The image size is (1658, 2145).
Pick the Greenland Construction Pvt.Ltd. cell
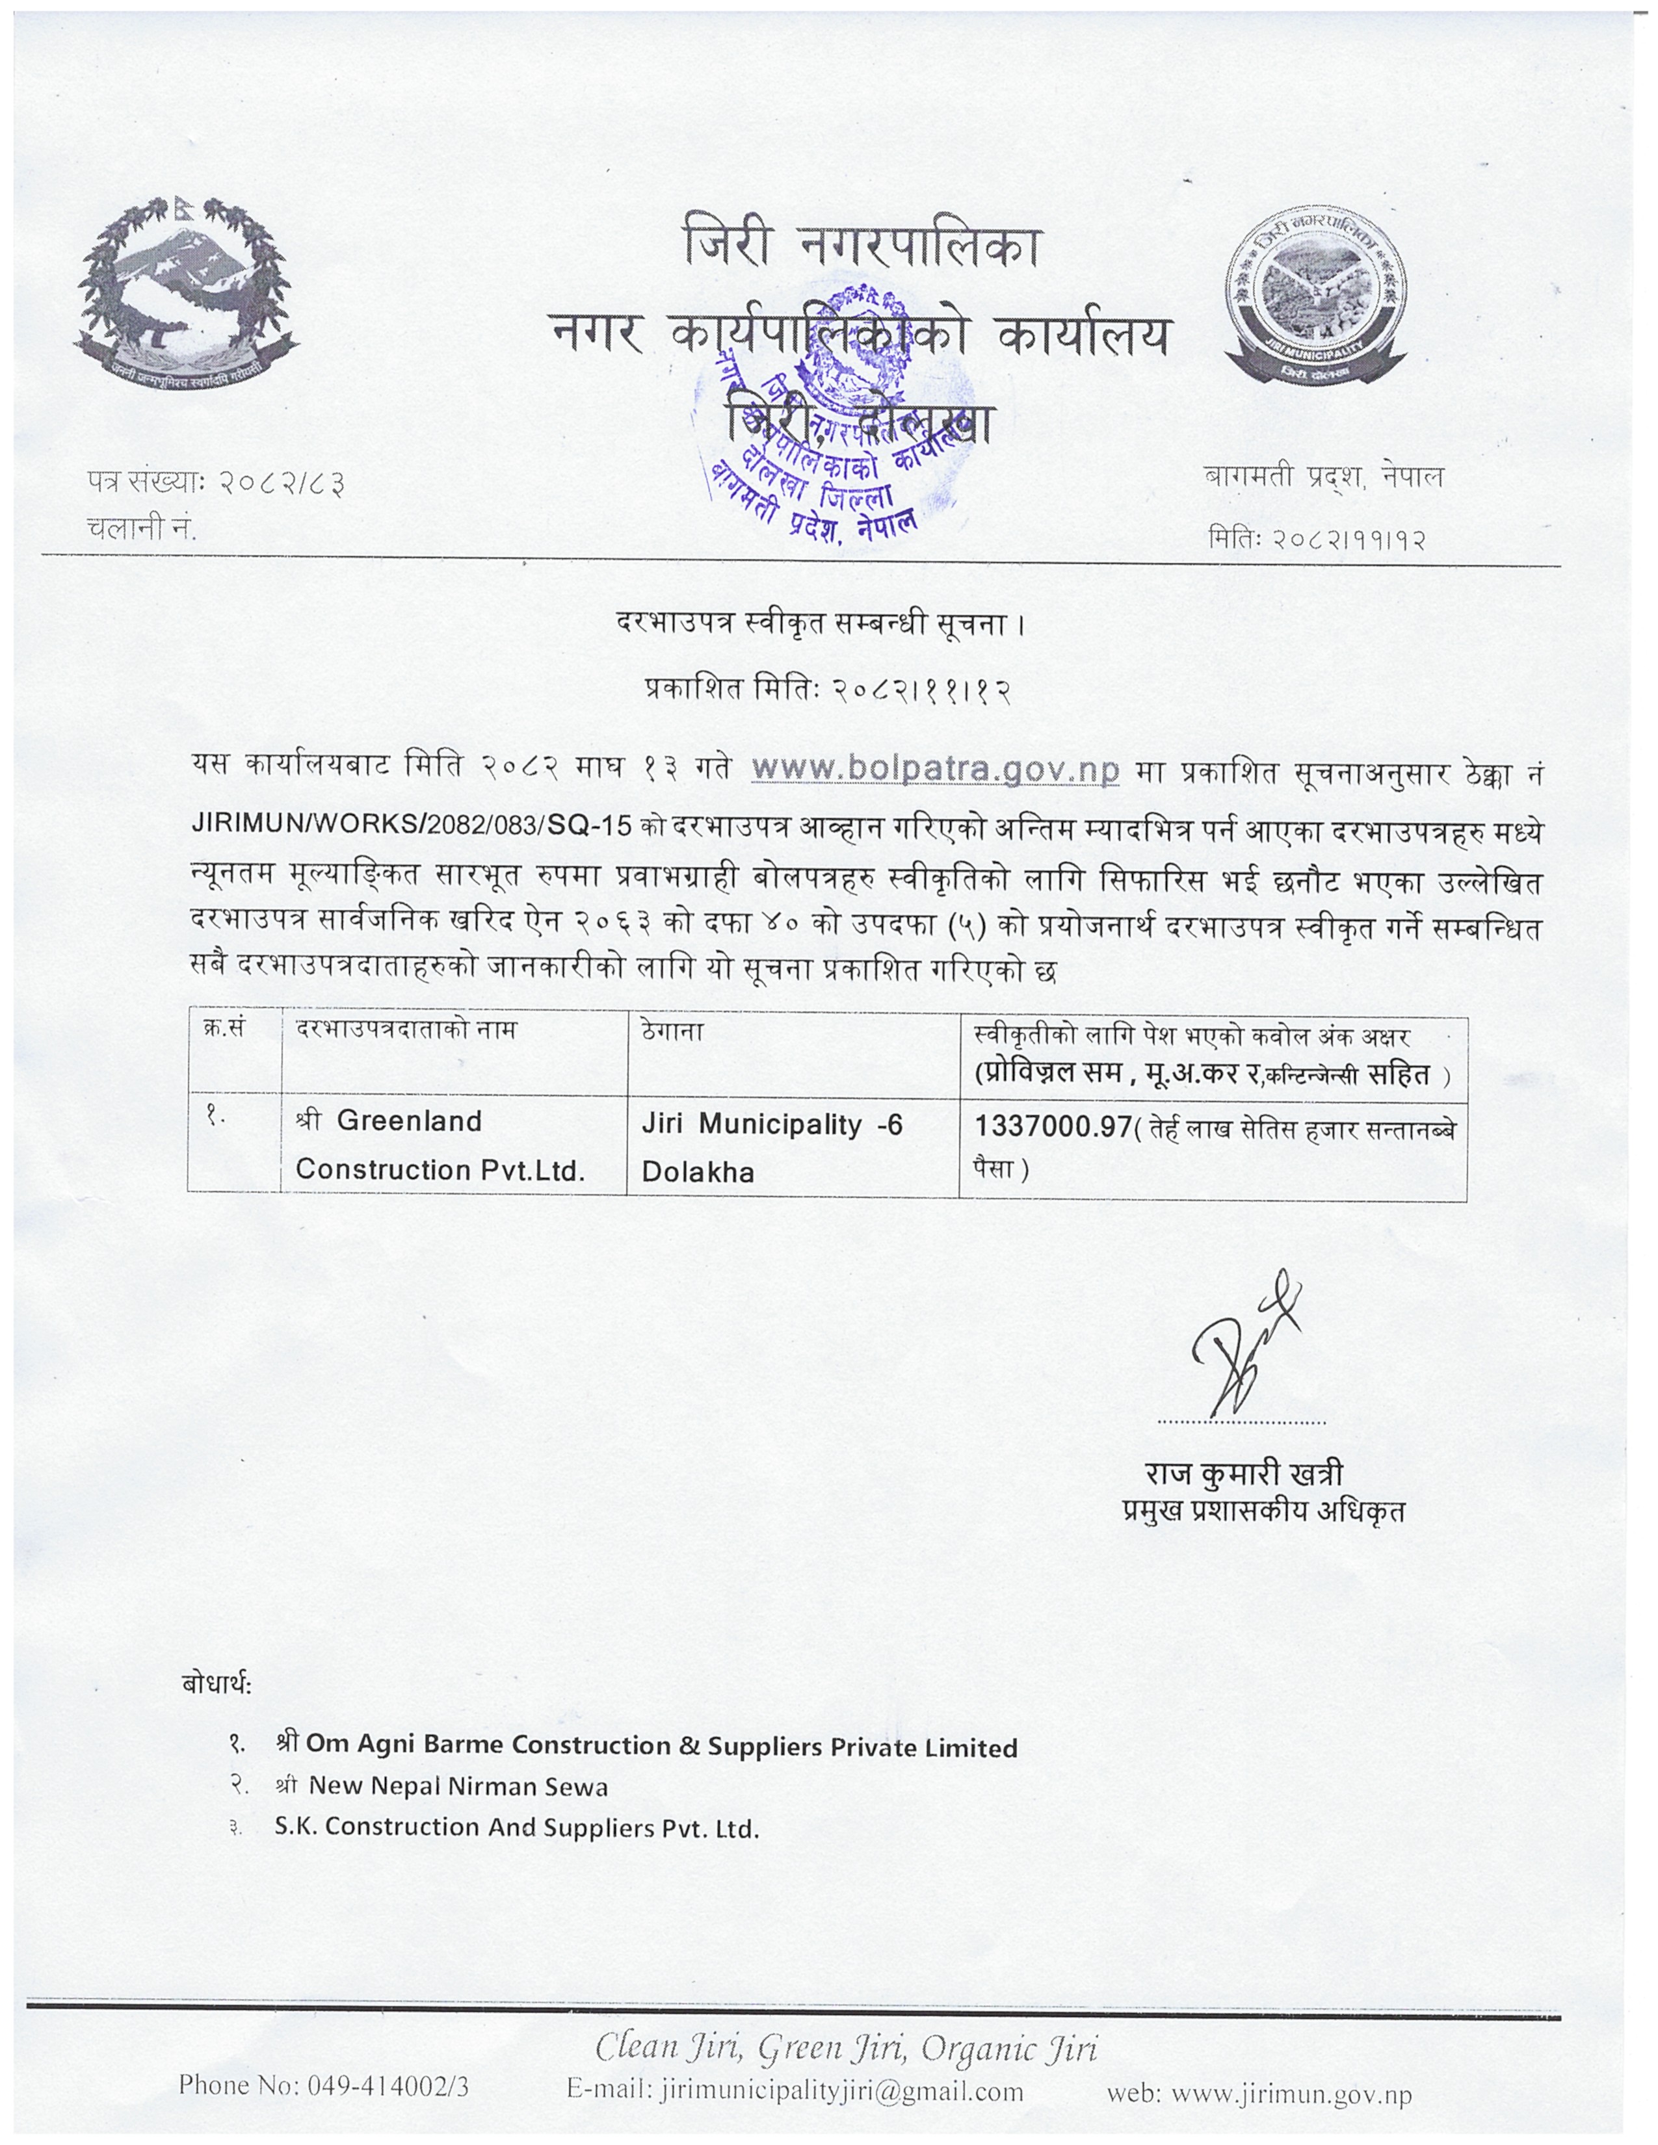[x=440, y=1145]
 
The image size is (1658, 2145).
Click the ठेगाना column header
[x=672, y=1032]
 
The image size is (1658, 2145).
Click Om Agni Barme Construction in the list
[x=660, y=1745]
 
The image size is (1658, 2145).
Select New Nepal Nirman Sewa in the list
[x=458, y=1786]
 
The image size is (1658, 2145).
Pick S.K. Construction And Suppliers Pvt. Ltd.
[x=517, y=1828]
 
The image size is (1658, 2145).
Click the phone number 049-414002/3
[x=323, y=2086]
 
